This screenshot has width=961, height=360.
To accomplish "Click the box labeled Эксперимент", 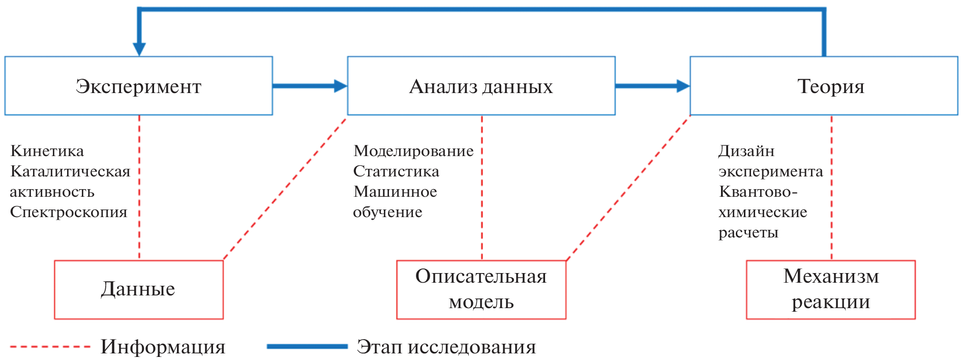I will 138,86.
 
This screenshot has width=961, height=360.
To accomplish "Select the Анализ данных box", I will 481,86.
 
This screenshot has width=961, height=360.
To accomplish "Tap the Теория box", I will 824,86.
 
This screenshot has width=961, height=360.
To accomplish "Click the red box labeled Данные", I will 138,289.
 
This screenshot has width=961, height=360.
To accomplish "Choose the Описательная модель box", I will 481,289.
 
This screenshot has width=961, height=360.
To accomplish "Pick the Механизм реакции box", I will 831,289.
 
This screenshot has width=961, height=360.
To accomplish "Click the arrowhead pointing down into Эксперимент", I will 139,48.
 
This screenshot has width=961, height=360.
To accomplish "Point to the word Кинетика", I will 47,151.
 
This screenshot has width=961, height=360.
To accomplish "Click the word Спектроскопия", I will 69,212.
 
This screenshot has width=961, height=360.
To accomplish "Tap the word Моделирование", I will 413,151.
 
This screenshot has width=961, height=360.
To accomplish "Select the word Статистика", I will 396,171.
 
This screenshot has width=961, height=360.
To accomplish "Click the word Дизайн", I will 746,151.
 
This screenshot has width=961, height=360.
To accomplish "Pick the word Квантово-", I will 758,192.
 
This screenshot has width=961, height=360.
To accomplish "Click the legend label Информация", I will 163,347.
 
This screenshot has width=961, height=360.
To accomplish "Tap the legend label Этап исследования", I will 446,347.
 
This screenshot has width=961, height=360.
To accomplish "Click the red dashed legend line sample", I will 50,347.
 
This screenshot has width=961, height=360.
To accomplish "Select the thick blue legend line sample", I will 307,347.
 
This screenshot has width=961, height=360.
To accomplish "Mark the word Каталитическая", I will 70,171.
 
